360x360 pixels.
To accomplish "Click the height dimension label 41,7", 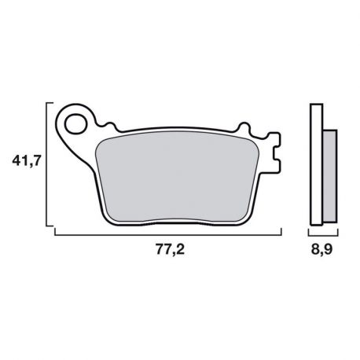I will coord(25,163).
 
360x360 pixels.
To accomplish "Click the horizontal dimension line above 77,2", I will coord(169,234).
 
